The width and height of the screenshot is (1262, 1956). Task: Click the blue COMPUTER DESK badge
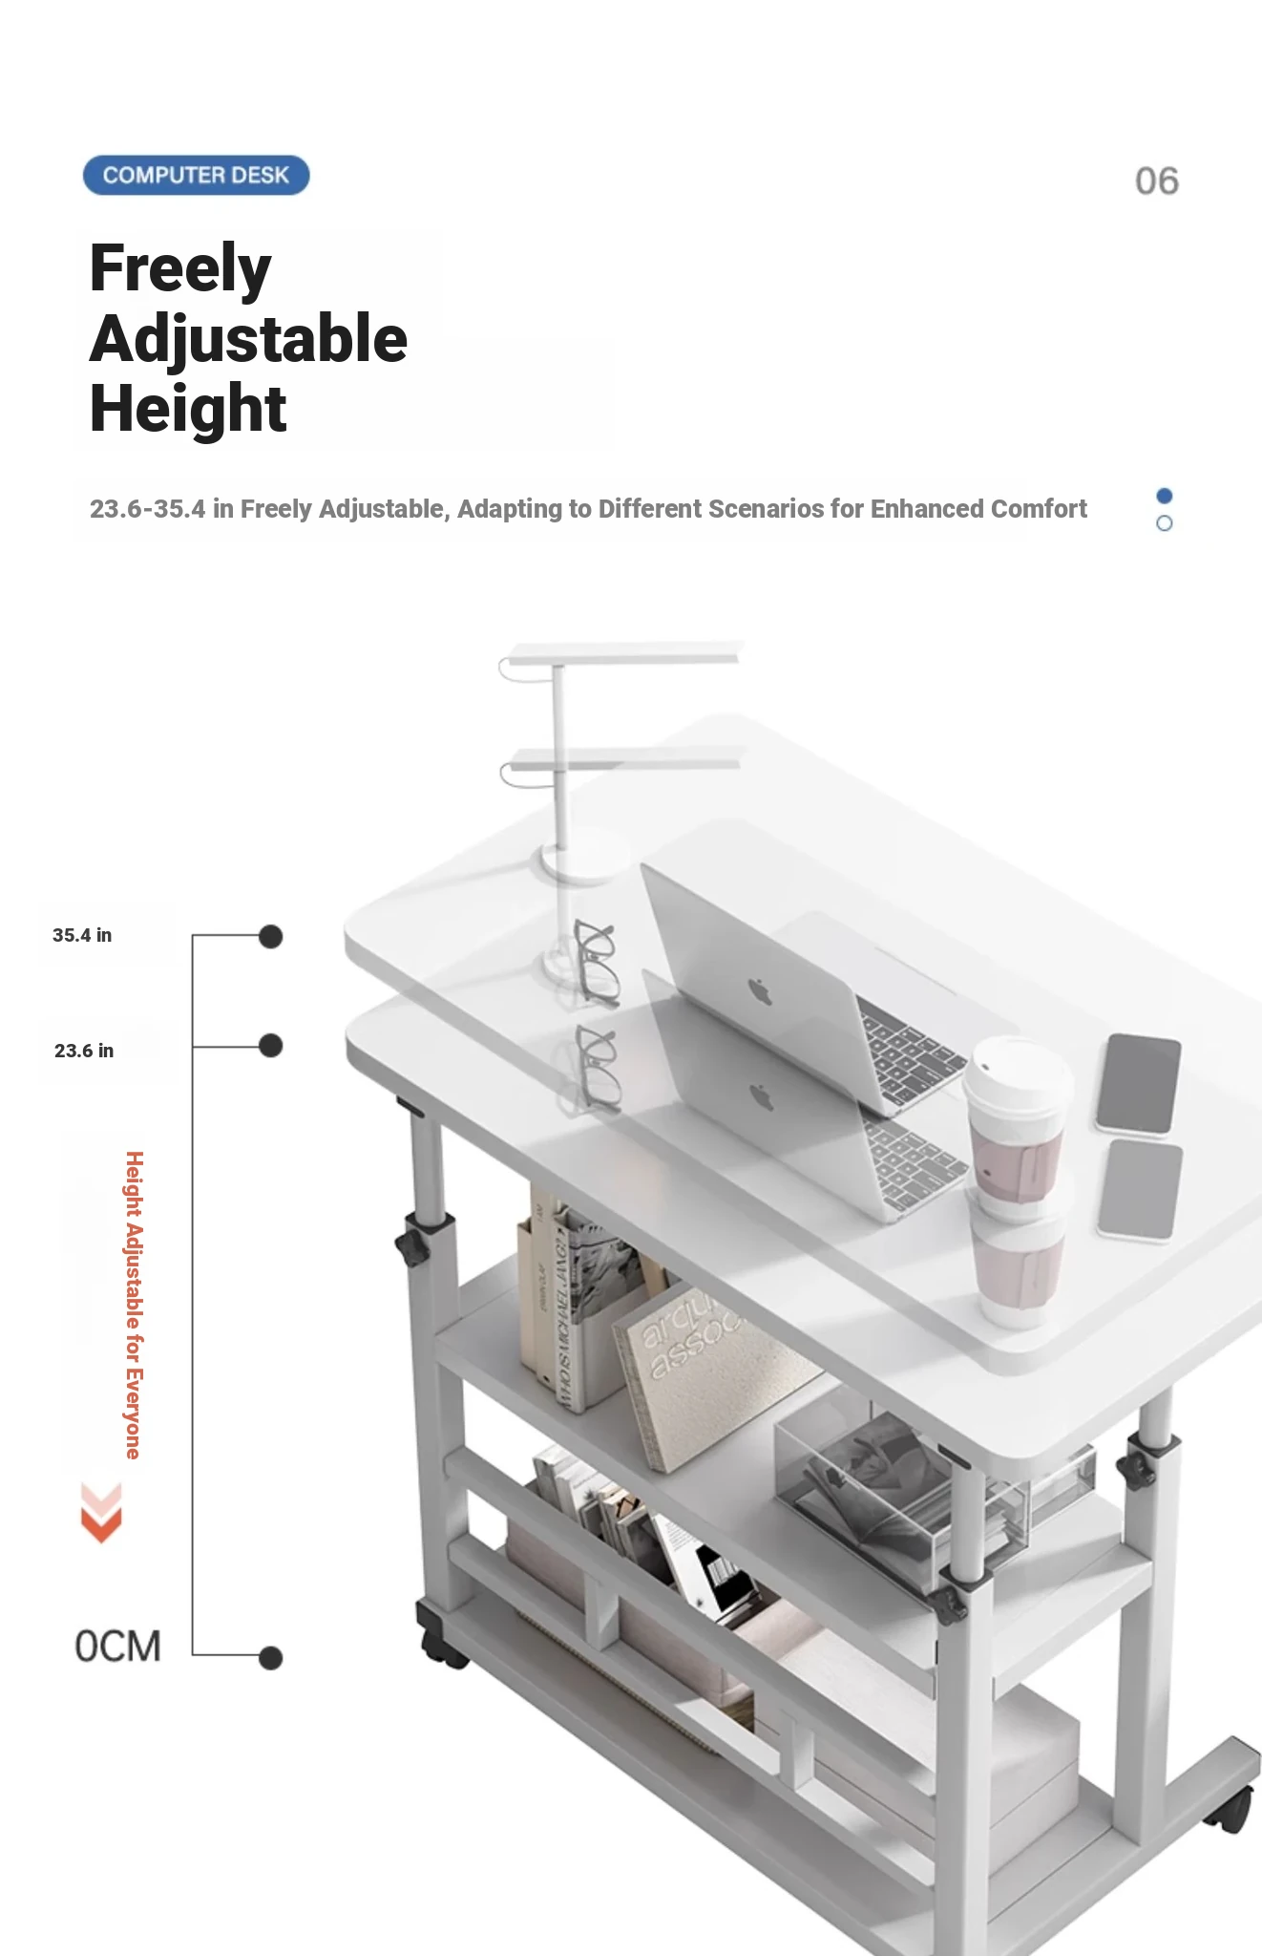pos(196,176)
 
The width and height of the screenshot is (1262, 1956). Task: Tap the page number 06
pos(1157,181)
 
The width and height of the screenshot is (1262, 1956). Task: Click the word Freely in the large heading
pos(180,268)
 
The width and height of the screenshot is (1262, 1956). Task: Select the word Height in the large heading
pos(188,409)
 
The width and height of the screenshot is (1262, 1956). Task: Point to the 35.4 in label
pos(82,935)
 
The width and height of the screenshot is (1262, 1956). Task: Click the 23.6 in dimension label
pos(84,1051)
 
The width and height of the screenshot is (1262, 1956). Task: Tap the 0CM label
pos(117,1647)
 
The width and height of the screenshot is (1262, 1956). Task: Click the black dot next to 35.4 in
pos(271,937)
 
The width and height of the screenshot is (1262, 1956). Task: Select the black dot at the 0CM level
pos(271,1658)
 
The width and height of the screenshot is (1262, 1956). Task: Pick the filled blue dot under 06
pos(1164,496)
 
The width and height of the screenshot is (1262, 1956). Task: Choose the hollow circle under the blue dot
pos(1164,523)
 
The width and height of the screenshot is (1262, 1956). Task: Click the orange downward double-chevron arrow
pos(101,1513)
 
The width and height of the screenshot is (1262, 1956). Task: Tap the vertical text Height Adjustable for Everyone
pos(135,1305)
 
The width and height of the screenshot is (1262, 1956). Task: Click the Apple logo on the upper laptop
pos(760,990)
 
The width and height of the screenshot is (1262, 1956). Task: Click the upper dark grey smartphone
pos(1138,1084)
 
